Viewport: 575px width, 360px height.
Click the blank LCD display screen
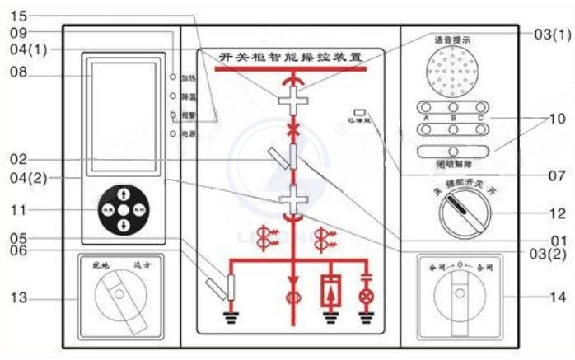119,110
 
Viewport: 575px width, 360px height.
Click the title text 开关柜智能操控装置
291,57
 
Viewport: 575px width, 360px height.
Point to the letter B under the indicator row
455,117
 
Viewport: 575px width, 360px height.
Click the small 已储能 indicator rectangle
359,112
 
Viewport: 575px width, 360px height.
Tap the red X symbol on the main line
290,130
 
